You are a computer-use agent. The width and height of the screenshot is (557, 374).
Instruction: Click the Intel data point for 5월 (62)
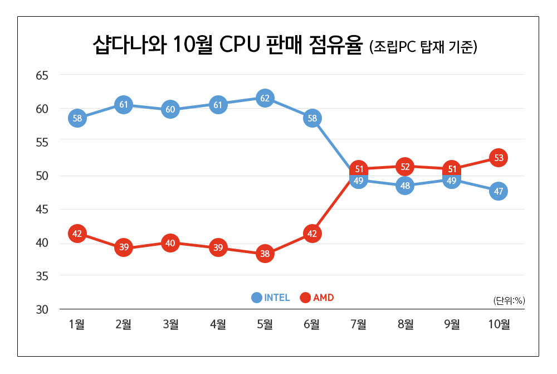[265, 99]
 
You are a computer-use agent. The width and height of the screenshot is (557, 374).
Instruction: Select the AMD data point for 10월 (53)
[499, 158]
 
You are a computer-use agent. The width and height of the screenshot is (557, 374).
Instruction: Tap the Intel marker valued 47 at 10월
[499, 192]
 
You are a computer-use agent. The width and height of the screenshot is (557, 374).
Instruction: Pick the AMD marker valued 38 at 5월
[265, 254]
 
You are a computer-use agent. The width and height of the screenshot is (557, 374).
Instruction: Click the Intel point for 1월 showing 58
[77, 118]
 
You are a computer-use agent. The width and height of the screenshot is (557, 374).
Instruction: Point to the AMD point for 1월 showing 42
[77, 234]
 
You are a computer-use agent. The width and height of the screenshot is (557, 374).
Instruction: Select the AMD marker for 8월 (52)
[405, 167]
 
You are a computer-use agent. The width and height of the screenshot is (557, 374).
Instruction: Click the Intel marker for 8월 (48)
[405, 186]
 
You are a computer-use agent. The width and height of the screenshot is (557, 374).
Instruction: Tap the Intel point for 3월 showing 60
[170, 109]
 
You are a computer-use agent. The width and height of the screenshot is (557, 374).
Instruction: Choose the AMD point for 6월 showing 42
[312, 234]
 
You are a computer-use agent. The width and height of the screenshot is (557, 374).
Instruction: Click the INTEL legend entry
[271, 298]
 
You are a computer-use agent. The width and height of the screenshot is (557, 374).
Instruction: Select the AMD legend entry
[317, 298]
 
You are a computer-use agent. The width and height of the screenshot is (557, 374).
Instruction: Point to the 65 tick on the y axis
[43, 75]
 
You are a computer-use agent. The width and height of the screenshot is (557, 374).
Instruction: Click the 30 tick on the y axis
[43, 309]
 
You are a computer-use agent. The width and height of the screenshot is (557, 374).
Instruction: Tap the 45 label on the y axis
[43, 209]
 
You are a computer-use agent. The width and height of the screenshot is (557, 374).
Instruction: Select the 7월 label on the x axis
[358, 324]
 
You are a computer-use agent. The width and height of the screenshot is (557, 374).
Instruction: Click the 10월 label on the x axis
[499, 324]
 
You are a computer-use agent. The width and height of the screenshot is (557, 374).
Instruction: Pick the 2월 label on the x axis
[124, 324]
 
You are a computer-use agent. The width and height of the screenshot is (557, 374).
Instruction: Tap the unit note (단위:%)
[509, 300]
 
